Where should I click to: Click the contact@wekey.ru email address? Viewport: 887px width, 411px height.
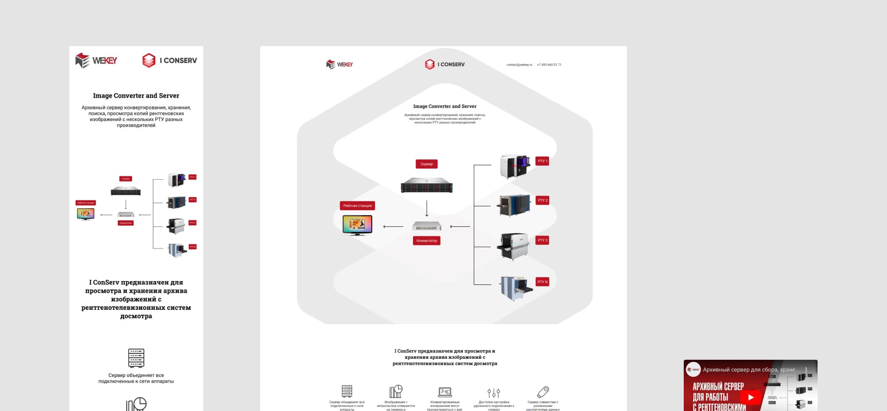tap(519, 65)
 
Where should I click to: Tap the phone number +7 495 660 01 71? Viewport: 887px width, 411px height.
tap(549, 65)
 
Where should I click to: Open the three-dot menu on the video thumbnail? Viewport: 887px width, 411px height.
tap(806, 370)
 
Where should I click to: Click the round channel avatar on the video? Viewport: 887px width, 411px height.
tap(693, 369)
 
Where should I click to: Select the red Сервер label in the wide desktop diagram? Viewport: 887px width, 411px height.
tap(426, 164)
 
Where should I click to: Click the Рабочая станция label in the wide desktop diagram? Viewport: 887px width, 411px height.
tap(358, 205)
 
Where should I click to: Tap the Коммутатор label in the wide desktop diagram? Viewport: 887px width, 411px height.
tap(426, 241)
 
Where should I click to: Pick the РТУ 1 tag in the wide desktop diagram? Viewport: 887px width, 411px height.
tap(542, 161)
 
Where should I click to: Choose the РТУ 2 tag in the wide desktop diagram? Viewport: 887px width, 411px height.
tap(542, 200)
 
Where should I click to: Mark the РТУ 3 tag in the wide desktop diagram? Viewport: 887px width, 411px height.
tap(542, 240)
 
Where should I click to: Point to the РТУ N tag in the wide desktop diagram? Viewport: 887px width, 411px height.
tap(542, 282)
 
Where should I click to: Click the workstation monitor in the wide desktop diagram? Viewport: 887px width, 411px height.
tap(357, 225)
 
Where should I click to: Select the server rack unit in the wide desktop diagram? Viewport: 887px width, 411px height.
tap(426, 185)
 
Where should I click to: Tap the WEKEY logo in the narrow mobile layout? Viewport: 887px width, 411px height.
tap(96, 60)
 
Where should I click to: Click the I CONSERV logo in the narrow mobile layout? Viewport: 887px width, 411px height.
tap(170, 60)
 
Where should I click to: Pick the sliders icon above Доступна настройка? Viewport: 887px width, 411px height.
tap(493, 393)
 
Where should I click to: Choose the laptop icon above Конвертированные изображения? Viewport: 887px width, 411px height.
tap(444, 392)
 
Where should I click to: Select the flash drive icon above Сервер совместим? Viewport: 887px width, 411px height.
tap(543, 392)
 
